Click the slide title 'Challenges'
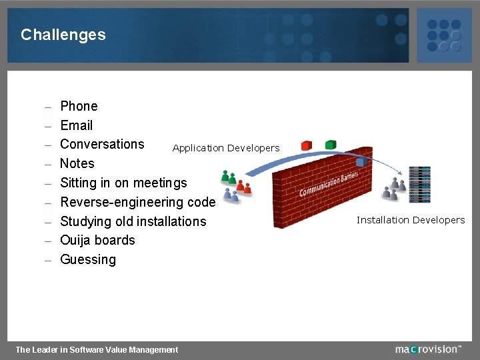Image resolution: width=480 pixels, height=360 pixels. (63, 35)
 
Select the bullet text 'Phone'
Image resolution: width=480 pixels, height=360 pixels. (79, 106)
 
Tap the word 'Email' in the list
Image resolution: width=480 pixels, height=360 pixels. (76, 125)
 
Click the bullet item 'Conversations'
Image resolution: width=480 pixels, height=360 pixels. (102, 144)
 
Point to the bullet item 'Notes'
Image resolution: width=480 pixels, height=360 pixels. (77, 163)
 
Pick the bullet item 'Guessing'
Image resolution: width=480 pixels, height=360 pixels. (88, 259)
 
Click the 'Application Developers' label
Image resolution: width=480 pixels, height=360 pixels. (226, 148)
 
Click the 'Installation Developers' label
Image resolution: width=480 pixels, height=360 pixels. (411, 220)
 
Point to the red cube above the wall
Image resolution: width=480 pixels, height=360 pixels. (306, 145)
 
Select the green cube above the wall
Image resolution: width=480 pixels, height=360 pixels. (331, 144)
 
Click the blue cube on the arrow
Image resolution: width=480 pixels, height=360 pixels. (361, 161)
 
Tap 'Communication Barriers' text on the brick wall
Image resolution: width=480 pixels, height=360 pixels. (329, 184)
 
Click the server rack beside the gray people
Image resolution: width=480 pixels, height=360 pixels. (420, 184)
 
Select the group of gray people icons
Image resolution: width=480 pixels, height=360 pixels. (393, 189)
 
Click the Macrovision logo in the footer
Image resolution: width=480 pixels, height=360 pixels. (427, 349)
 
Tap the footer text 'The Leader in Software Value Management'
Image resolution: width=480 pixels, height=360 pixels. (97, 349)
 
